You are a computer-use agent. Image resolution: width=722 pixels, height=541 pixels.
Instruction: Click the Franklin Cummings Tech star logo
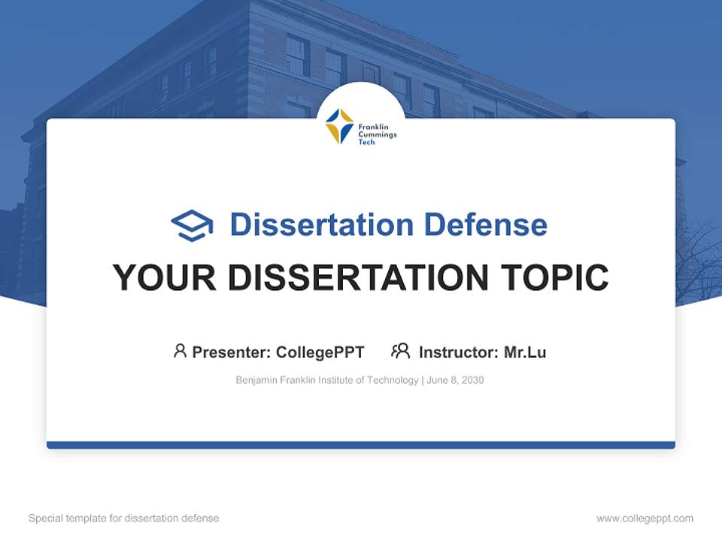tap(339, 126)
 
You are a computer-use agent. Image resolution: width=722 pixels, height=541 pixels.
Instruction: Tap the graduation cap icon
tap(192, 225)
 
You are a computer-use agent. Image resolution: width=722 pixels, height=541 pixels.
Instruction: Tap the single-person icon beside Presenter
tap(180, 351)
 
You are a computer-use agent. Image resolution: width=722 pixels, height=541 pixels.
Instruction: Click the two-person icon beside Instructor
tap(400, 351)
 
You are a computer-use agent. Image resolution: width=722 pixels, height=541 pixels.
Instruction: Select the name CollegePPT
tap(320, 352)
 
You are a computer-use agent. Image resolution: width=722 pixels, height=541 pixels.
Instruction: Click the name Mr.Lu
tap(525, 352)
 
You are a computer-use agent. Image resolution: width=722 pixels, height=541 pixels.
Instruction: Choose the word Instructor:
tap(458, 352)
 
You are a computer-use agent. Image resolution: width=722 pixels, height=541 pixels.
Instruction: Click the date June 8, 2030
tap(455, 380)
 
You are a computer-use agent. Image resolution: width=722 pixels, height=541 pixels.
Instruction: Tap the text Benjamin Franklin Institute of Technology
tap(326, 380)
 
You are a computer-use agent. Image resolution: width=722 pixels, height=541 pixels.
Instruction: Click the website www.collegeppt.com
tap(645, 518)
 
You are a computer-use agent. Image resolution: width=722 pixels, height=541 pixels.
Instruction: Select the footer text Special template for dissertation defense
tap(123, 518)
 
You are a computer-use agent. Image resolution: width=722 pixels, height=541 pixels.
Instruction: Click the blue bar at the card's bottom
tap(361, 445)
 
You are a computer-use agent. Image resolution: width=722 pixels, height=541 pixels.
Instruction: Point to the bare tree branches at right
tap(698, 255)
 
